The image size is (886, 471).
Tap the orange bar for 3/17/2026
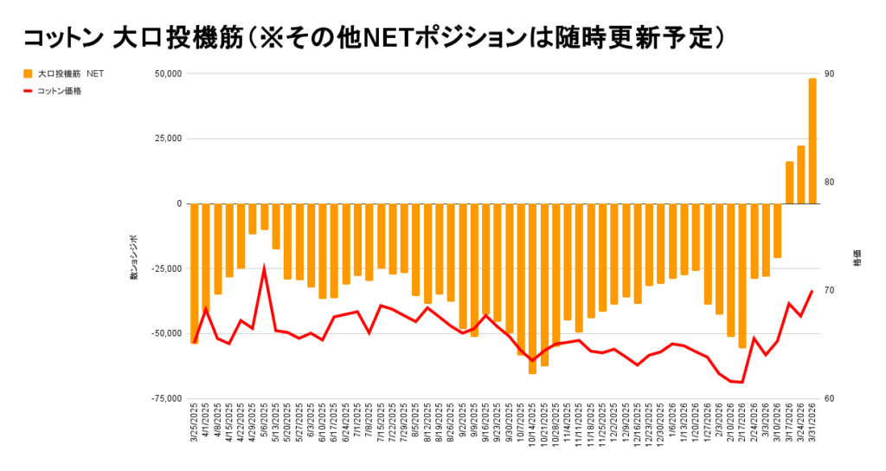(789, 183)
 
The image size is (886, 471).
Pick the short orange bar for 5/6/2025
(264, 216)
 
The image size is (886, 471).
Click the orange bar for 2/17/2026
(742, 275)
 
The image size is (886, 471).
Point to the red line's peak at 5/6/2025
(264, 269)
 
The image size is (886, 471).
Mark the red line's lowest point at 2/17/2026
(742, 382)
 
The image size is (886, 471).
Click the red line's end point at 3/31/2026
(812, 291)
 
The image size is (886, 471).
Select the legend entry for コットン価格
(60, 90)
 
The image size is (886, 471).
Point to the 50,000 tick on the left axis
(167, 74)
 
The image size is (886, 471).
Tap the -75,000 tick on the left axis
(165, 398)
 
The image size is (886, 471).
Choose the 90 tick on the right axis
(829, 74)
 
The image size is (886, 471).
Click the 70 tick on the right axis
(829, 290)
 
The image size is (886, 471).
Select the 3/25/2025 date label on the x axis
(193, 423)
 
